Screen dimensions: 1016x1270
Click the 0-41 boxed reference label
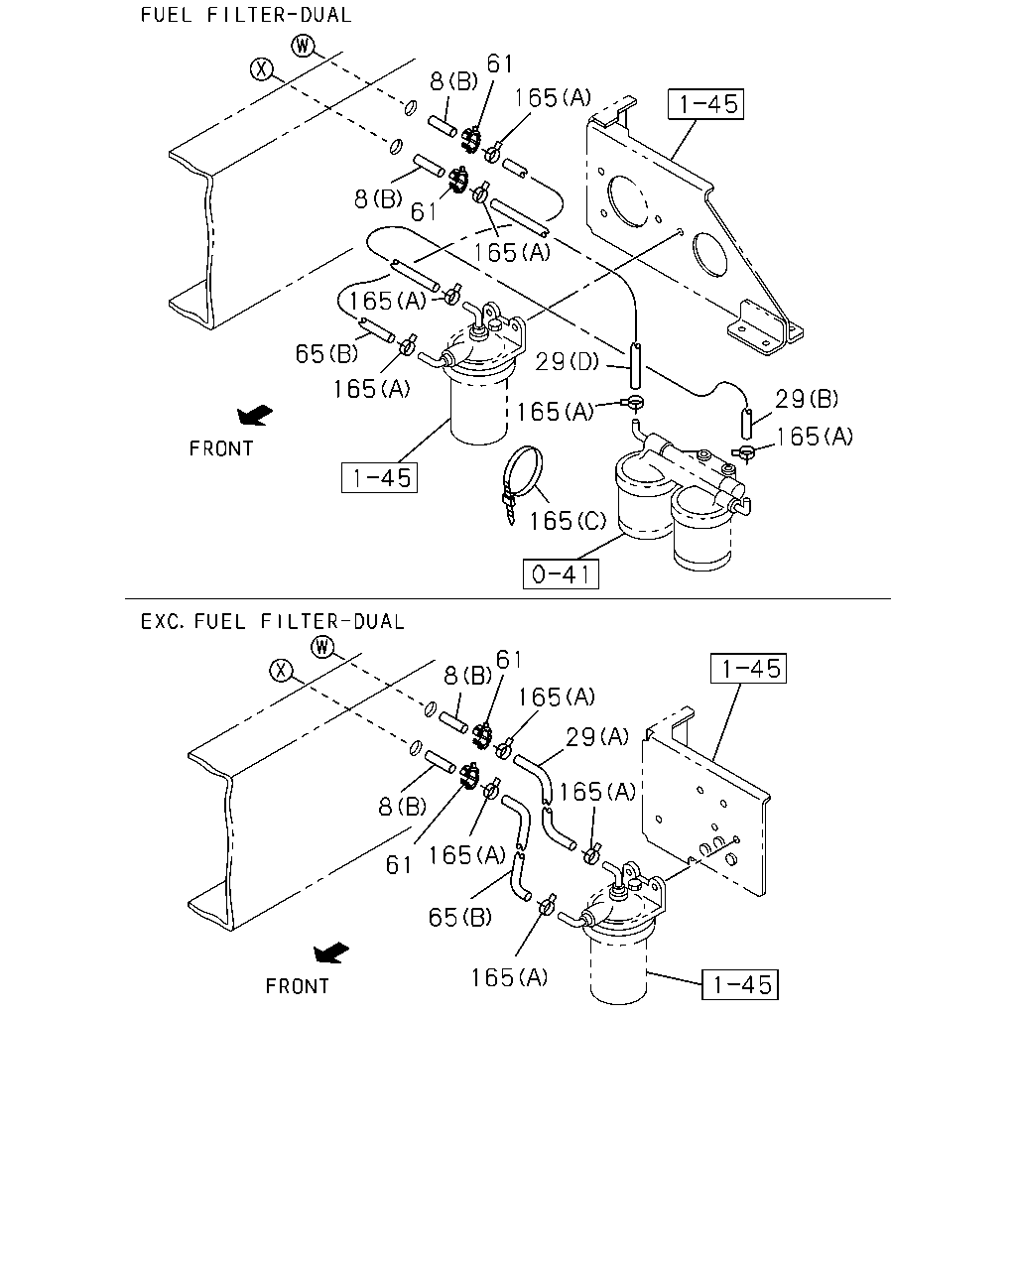561,573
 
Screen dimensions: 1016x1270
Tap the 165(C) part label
568,521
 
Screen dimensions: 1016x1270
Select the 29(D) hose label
567,362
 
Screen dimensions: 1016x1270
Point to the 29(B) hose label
807,399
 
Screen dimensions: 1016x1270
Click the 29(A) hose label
597,736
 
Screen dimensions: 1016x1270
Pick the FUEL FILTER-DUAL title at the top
246,15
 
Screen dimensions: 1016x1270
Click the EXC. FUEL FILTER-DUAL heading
273,621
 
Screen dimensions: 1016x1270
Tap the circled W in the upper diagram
303,46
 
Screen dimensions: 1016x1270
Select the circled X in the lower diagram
281,671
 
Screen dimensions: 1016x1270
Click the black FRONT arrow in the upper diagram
255,415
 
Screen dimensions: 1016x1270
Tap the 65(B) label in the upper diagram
326,354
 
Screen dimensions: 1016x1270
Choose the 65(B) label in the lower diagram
460,917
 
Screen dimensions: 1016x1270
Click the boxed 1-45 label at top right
706,104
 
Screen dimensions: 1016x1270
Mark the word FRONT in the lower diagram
297,986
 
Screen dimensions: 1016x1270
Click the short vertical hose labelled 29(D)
636,366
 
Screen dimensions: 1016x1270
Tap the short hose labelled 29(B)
747,423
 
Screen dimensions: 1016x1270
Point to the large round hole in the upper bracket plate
629,200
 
